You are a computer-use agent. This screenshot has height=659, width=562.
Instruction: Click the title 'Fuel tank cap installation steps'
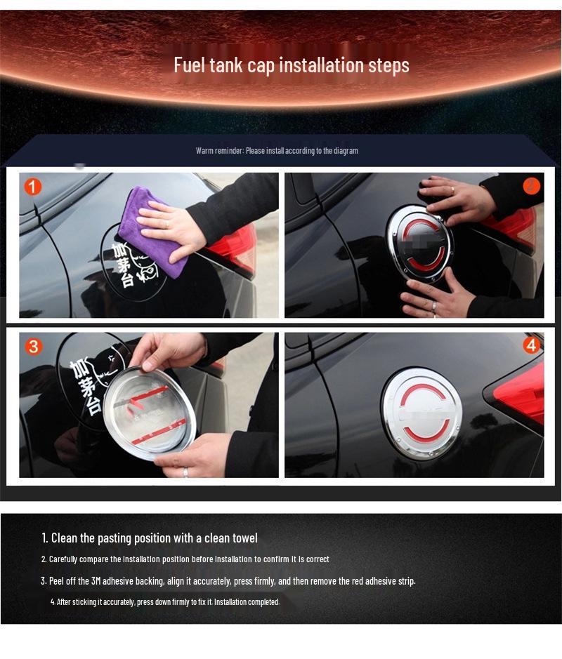click(291, 65)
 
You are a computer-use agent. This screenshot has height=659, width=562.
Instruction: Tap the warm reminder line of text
click(277, 151)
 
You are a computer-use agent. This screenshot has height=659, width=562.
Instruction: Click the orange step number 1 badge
click(33, 187)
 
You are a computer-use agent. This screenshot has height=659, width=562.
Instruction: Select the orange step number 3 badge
click(33, 347)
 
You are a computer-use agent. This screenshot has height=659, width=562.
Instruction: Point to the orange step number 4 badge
click(531, 345)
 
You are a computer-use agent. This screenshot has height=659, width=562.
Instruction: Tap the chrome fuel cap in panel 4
click(421, 412)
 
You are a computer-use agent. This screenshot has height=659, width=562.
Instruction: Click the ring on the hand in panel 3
click(185, 472)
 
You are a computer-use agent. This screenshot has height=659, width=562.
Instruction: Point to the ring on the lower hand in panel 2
click(434, 306)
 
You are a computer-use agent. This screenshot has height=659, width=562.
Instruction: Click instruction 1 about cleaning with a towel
click(149, 538)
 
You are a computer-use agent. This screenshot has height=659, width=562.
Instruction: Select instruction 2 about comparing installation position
click(185, 559)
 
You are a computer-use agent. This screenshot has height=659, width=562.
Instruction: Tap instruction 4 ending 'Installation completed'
click(164, 602)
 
